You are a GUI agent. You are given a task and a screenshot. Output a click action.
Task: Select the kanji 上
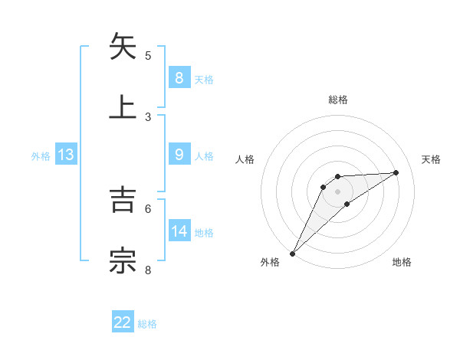click(x=123, y=106)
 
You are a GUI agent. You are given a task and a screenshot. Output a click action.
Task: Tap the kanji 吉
click(x=123, y=201)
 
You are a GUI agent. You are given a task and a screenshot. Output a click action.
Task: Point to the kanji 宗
click(x=123, y=260)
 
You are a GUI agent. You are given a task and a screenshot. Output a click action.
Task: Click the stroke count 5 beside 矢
click(x=148, y=56)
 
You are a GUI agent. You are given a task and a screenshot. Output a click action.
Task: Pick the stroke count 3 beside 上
click(x=148, y=116)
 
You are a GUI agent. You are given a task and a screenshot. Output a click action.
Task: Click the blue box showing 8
click(x=179, y=78)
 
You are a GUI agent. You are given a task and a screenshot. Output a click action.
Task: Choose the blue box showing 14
click(x=179, y=231)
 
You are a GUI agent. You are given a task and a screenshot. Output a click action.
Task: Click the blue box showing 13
click(x=66, y=155)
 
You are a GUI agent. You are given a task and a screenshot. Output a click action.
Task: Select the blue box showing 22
click(x=123, y=322)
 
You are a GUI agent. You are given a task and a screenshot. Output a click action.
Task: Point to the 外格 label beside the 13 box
click(x=41, y=156)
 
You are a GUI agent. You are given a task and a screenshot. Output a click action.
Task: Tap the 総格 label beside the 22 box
click(x=147, y=324)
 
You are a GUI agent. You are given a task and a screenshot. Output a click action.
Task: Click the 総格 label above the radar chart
click(x=338, y=100)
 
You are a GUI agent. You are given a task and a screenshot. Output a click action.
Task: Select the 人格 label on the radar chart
click(x=245, y=159)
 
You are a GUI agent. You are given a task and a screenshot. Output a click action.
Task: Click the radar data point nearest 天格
click(x=396, y=172)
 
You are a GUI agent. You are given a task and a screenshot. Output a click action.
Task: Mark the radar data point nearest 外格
click(x=292, y=253)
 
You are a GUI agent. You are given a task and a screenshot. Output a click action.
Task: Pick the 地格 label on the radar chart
click(x=402, y=262)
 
